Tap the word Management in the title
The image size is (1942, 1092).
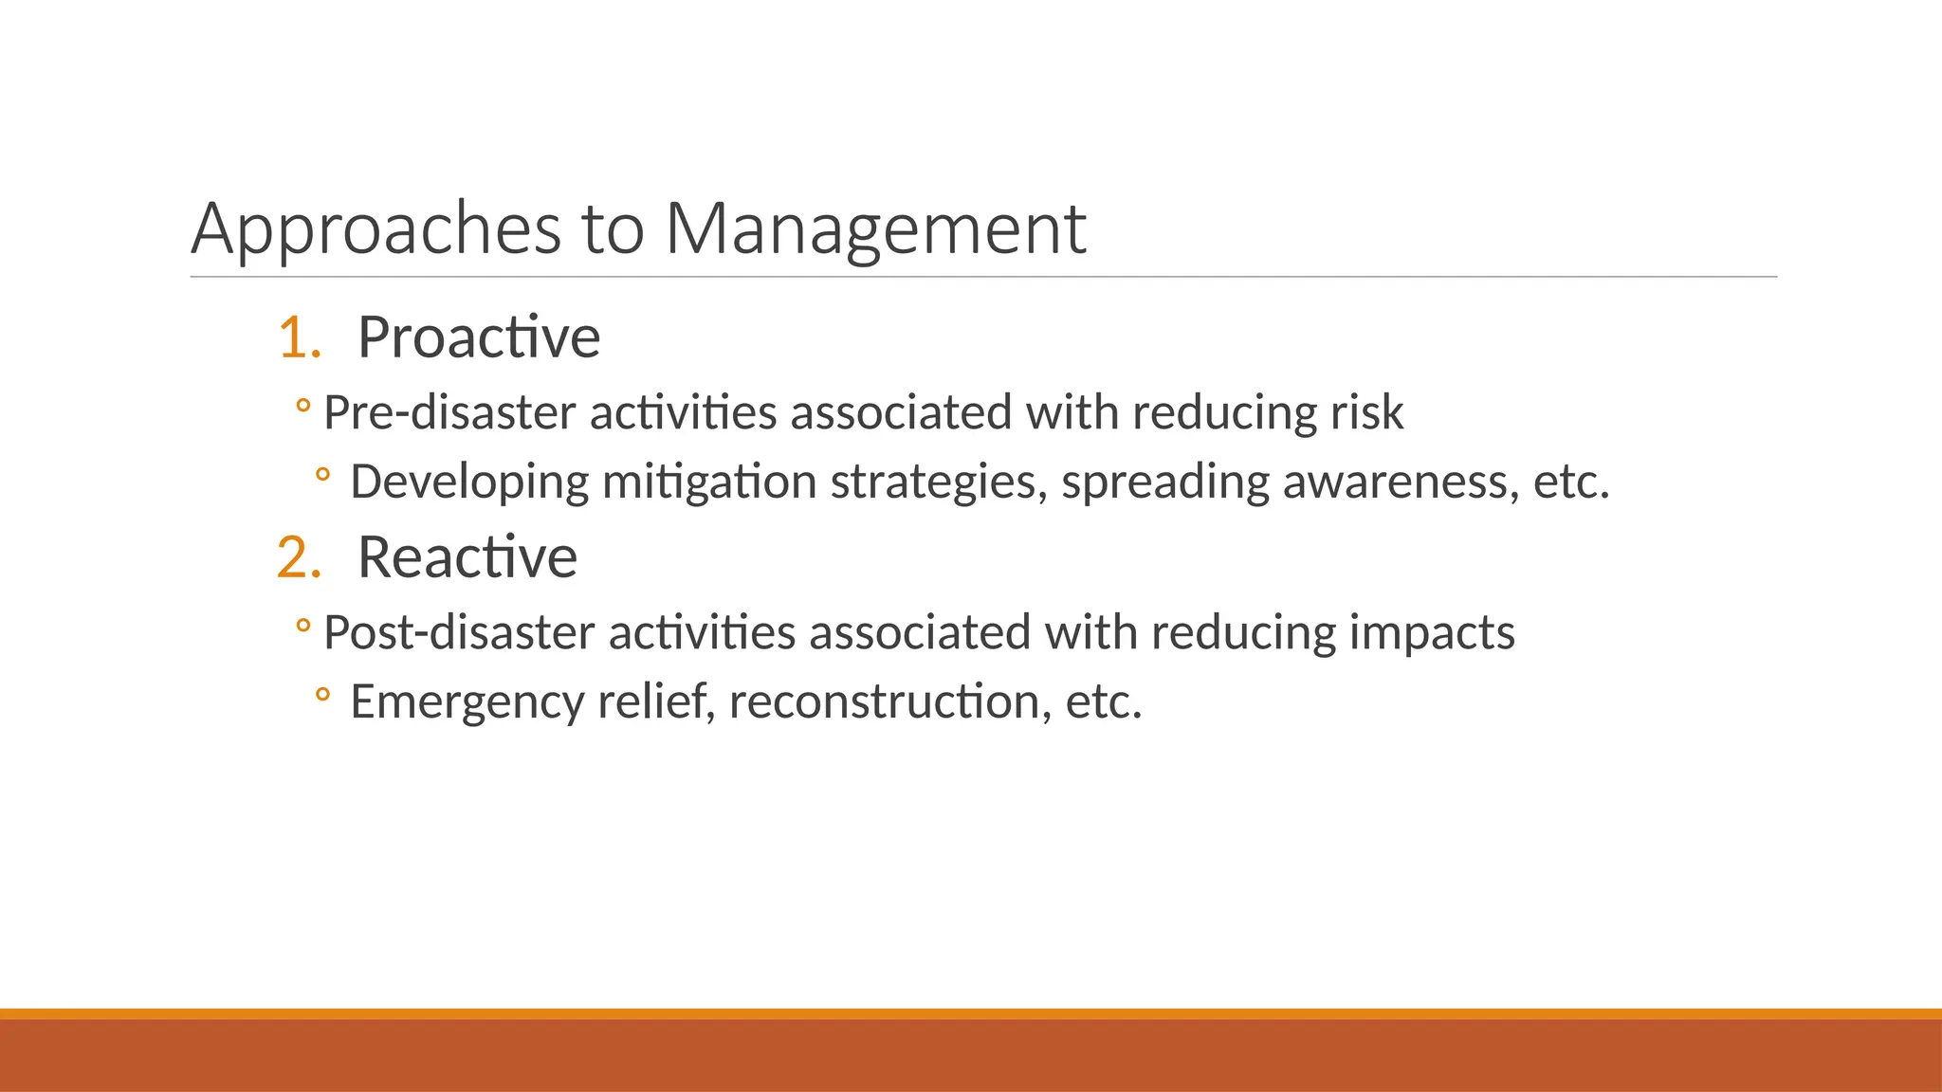click(875, 229)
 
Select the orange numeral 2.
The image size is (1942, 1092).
click(295, 557)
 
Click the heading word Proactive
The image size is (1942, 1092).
click(479, 337)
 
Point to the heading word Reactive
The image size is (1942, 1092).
click(467, 557)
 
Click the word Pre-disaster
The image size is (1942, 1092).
click(449, 413)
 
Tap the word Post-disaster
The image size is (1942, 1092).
click(459, 633)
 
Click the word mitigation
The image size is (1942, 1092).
click(709, 482)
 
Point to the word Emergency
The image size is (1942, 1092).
click(467, 702)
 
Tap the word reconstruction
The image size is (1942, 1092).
click(890, 702)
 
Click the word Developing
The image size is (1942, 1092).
click(469, 482)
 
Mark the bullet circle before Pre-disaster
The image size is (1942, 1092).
click(302, 407)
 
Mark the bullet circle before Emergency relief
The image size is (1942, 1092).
click(322, 695)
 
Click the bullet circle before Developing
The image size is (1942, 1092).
click(322, 475)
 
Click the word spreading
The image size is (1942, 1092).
click(1165, 482)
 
